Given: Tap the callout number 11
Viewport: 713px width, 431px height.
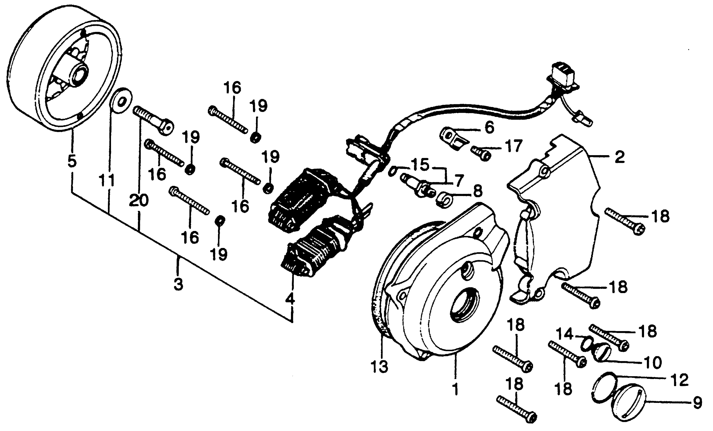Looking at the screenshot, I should click(107, 181).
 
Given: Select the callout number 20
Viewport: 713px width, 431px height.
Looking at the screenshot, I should click(139, 200).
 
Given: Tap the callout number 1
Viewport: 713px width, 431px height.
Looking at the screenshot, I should click(455, 389).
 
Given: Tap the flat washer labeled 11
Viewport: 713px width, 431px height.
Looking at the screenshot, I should click(121, 101).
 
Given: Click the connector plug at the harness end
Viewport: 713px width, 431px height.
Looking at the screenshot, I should click(562, 77).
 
